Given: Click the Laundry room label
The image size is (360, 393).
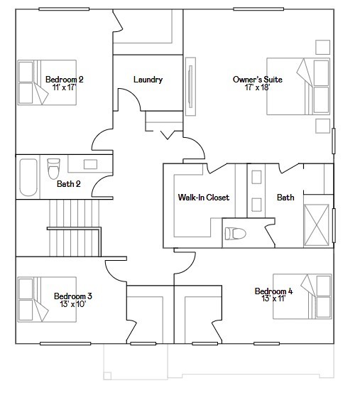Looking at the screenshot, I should coord(148,80).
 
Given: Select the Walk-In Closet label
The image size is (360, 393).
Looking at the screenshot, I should coord(203,197).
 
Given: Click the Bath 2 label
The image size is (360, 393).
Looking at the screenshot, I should coord(68,184).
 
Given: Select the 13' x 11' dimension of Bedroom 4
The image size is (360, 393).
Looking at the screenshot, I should coord(273,299).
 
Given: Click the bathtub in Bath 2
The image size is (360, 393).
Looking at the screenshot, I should coord(28,176).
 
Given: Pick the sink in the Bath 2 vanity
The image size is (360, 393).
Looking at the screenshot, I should coord(91,165).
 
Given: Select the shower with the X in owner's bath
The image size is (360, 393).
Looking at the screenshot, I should coord(317,225).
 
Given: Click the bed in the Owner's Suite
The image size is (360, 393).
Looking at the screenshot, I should coord(298,85).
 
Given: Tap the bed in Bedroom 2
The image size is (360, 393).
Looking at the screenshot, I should coord(46,82).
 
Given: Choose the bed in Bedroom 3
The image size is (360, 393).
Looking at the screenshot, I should coord(46,299).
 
